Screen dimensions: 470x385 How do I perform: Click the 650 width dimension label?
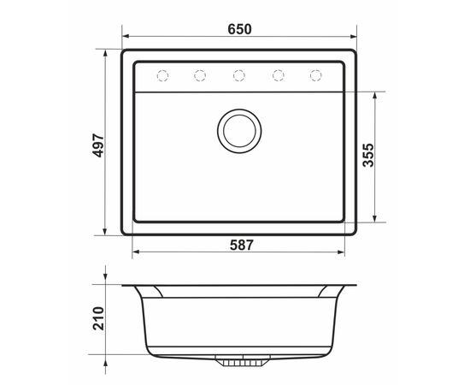tap(239, 29)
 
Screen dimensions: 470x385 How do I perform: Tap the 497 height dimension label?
tap(98, 145)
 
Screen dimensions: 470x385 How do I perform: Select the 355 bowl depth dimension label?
tap(368, 155)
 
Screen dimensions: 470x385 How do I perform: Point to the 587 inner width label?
tap(242, 246)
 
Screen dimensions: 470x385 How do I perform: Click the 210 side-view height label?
tap(98, 318)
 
